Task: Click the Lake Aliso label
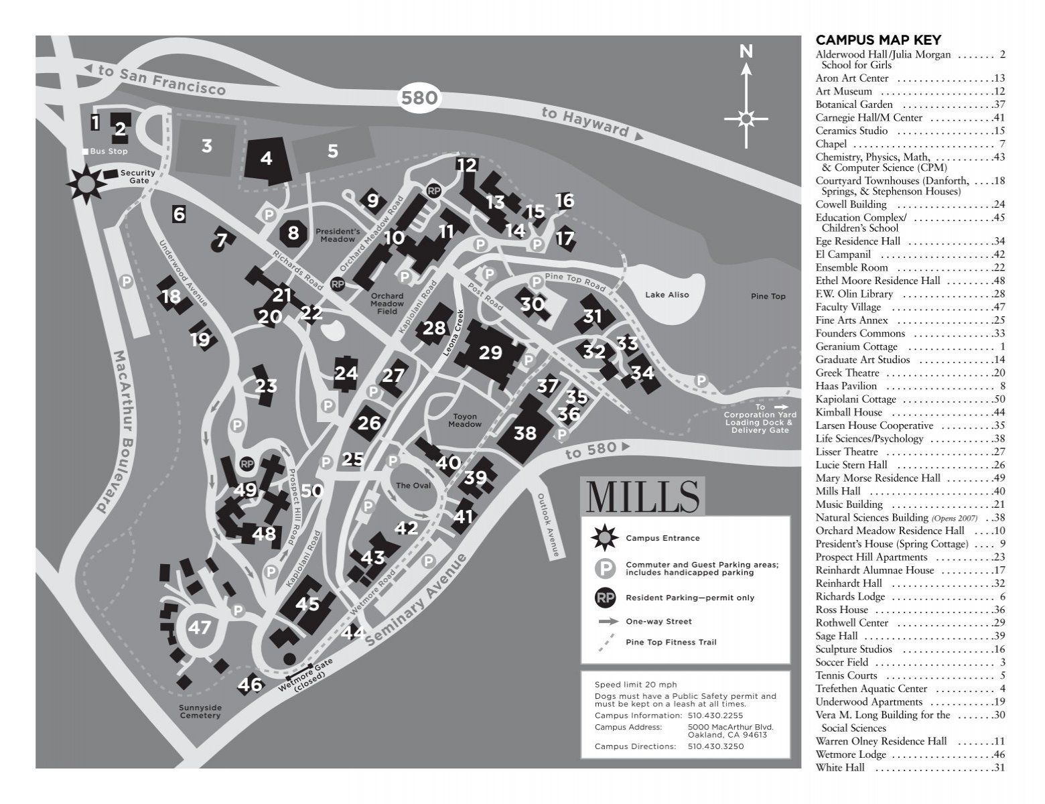pyautogui.click(x=667, y=295)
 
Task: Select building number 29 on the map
pyautogui.click(x=490, y=352)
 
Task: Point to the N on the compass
pyautogui.click(x=746, y=52)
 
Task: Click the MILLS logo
pyautogui.click(x=642, y=496)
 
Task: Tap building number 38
pyautogui.click(x=525, y=433)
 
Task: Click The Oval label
pyautogui.click(x=413, y=486)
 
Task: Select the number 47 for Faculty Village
pyautogui.click(x=200, y=628)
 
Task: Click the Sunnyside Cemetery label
pyautogui.click(x=200, y=712)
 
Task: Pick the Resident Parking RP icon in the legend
pyautogui.click(x=605, y=598)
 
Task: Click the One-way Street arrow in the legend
pyautogui.click(x=608, y=622)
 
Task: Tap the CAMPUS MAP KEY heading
pyautogui.click(x=878, y=40)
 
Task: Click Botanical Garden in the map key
pyautogui.click(x=853, y=105)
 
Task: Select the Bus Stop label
pyautogui.click(x=109, y=151)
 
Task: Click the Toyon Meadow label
pyautogui.click(x=464, y=420)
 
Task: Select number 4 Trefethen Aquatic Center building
pyautogui.click(x=267, y=159)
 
